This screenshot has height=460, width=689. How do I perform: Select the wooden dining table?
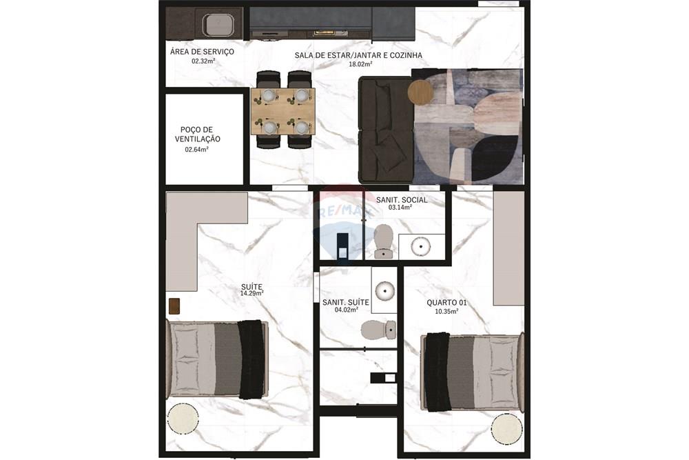click(282, 111)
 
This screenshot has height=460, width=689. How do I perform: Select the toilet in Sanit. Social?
click(383, 240)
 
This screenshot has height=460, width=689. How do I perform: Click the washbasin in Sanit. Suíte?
click(384, 290)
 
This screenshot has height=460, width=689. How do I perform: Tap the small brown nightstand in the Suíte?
click(174, 306)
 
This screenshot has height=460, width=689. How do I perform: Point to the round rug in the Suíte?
click(183, 419)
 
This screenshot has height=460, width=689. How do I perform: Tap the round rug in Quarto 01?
click(507, 427)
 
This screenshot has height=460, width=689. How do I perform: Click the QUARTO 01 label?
click(443, 302)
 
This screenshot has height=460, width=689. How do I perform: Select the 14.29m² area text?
click(251, 293)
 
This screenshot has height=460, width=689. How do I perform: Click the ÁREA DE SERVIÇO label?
click(202, 52)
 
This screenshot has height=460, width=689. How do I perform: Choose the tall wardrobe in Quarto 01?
click(508, 248)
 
